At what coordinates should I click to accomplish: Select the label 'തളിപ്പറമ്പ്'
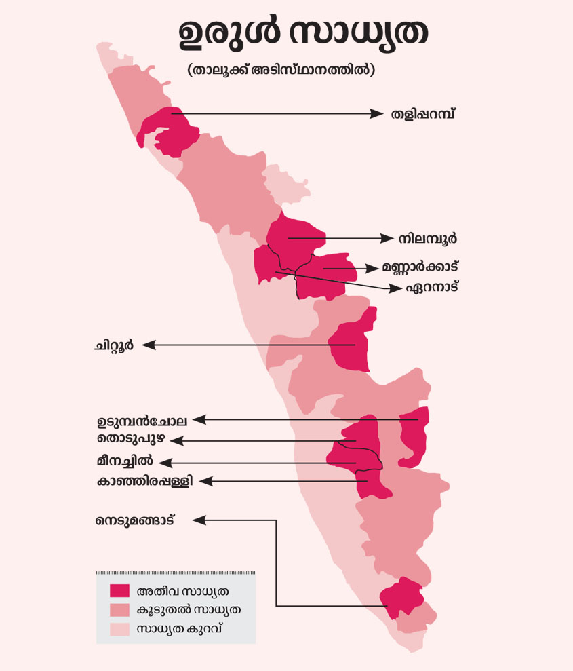tap(422, 113)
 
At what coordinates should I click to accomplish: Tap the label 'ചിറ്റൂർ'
tap(113, 345)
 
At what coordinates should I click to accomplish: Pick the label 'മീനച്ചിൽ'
tap(125, 462)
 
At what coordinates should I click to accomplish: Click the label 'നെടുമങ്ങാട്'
tap(140, 521)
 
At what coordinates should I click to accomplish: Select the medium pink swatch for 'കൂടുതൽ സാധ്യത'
tap(119, 609)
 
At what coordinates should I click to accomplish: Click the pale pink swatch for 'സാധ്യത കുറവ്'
tap(119, 629)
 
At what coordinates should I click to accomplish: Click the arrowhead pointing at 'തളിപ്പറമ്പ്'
tap(378, 114)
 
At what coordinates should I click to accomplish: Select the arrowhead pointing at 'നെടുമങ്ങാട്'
tap(199, 520)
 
